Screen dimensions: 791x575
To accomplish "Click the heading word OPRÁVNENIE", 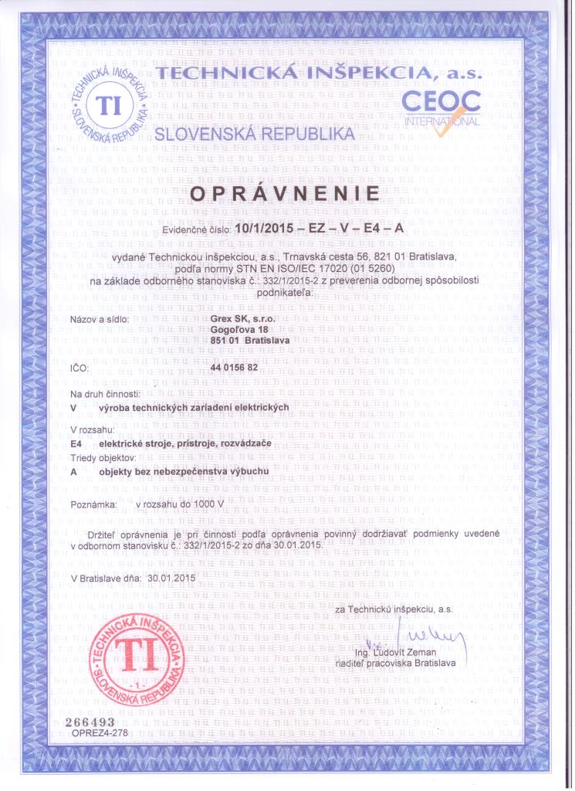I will point(286,193).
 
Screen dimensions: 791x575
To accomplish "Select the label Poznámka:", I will point(93,504).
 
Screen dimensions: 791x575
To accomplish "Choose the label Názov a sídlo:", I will point(100,318).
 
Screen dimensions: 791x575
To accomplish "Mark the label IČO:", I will point(80,369).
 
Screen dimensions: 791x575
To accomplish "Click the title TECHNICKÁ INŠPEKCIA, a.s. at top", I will point(318,75).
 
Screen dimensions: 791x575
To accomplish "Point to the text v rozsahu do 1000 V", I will point(179,504).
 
